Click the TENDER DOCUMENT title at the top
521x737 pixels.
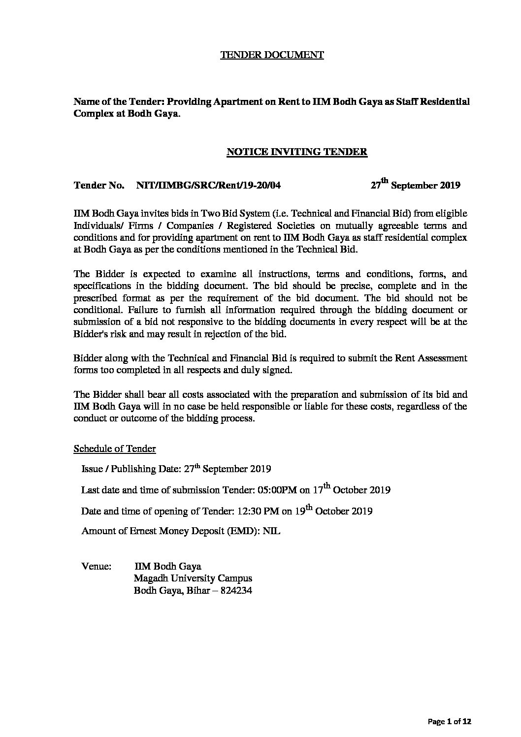point(271,55)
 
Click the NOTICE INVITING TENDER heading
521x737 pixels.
point(296,152)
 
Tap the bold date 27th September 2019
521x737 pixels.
point(415,185)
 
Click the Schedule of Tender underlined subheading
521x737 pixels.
point(115,449)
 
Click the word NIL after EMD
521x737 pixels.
point(272,532)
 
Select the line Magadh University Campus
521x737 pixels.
point(193,578)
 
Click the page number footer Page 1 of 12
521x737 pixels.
point(450,722)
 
